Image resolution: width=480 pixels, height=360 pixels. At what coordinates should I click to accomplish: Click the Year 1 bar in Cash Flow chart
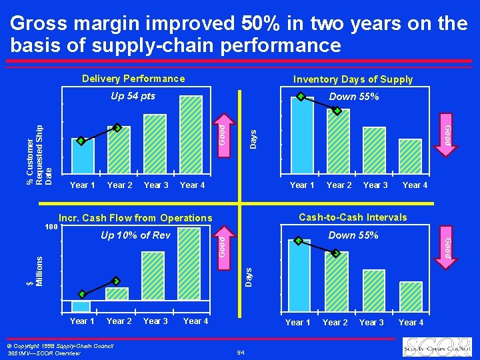[81, 306]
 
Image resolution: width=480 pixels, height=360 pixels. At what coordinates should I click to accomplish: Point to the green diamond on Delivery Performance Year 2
[117, 127]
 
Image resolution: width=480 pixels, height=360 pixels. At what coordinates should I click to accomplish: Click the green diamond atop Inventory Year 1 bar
[301, 97]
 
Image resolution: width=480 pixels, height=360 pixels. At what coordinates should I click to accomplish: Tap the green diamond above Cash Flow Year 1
[82, 294]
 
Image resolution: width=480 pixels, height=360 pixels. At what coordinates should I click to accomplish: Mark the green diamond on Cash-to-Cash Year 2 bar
[336, 253]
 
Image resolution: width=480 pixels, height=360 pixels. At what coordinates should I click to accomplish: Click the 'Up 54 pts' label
[133, 96]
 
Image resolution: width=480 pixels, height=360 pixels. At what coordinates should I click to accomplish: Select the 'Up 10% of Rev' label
[135, 235]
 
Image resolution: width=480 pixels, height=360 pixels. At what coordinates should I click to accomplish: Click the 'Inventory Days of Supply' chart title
[353, 79]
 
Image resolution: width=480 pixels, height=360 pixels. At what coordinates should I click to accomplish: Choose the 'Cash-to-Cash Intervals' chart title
[353, 217]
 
